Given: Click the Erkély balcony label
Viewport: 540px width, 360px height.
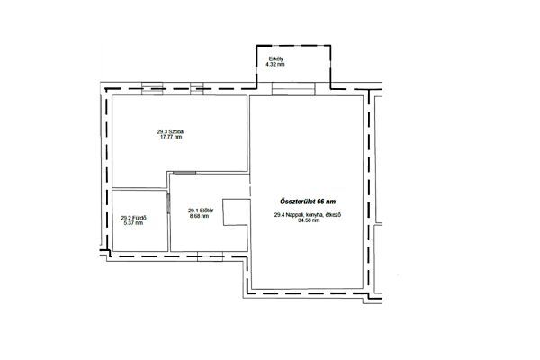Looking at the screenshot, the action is click(x=276, y=58).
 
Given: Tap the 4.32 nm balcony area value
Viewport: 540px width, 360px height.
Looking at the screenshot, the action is click(x=275, y=65).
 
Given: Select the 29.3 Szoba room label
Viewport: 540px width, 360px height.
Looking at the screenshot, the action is click(x=170, y=131).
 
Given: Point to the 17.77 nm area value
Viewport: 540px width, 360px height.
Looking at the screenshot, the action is click(x=171, y=137).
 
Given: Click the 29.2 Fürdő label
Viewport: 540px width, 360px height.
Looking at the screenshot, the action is click(x=133, y=218).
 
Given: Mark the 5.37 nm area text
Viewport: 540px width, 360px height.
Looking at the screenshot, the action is click(x=133, y=223).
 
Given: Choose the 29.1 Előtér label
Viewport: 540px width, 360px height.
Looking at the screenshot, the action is click(x=201, y=211).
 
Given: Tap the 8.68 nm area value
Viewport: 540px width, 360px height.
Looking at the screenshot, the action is click(x=199, y=216).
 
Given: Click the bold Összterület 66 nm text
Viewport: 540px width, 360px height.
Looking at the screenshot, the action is click(x=307, y=202).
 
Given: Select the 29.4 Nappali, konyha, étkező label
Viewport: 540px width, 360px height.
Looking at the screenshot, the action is click(x=308, y=215).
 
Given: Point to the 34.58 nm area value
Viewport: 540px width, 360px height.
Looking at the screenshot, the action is click(x=308, y=220).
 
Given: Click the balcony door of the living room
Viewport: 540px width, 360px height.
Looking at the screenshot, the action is click(x=293, y=88).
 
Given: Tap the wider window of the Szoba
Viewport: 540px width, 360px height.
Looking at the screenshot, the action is click(x=152, y=88).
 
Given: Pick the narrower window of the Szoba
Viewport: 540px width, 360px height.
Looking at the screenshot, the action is click(x=197, y=88).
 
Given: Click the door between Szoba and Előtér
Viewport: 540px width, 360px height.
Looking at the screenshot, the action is click(x=184, y=173).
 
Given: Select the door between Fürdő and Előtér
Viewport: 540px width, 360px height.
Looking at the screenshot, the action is click(x=168, y=203).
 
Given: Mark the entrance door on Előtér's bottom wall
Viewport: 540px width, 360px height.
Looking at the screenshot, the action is click(x=210, y=256).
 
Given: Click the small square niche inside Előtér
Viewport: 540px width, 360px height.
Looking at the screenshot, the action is click(x=237, y=212).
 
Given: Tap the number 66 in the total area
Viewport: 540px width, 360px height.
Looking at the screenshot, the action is click(x=320, y=202).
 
